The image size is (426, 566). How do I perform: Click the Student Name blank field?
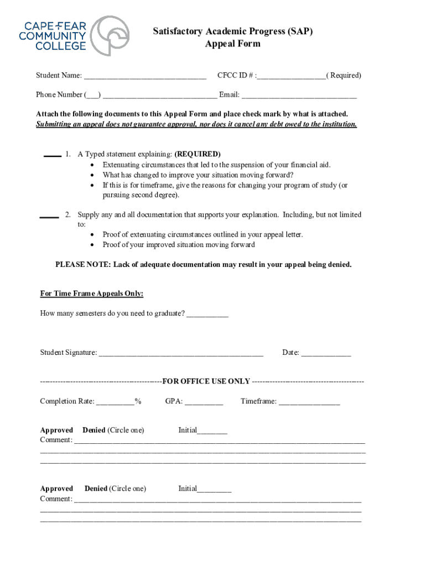coord(145,76)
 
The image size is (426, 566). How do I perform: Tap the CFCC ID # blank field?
coord(291,76)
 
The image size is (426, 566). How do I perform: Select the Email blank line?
coord(299,96)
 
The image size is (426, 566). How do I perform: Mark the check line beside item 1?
coord(52,156)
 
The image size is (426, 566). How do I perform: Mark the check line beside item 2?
coord(49,216)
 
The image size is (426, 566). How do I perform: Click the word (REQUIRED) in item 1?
coord(198,154)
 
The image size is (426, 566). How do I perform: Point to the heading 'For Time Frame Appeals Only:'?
coord(92,294)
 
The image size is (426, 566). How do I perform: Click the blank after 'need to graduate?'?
coord(207,315)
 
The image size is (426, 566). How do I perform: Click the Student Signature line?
coord(180,354)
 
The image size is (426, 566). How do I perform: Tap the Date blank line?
coord(326,354)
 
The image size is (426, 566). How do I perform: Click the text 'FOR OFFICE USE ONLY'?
coord(206,381)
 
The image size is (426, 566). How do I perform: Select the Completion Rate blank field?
coord(115,402)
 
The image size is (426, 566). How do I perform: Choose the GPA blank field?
coord(204,402)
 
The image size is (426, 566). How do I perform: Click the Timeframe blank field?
coord(309,402)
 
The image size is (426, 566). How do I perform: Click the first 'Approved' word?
coord(56,430)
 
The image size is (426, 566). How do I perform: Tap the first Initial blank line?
coord(212,431)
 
